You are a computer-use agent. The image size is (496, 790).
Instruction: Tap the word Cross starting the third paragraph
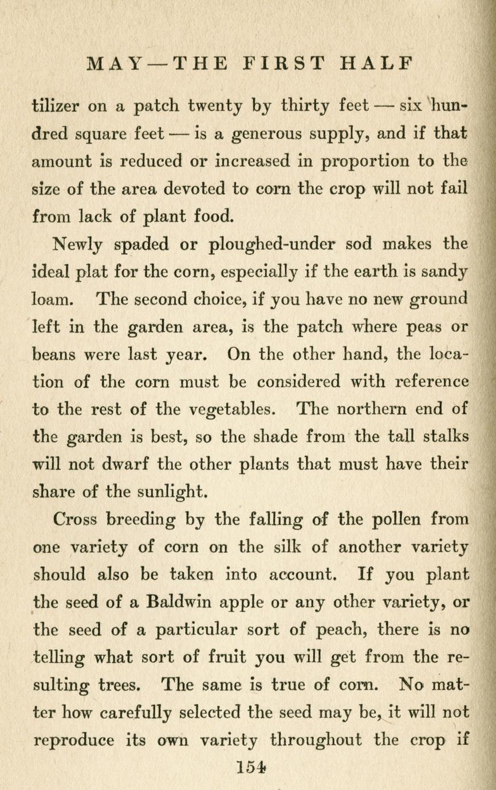click(x=76, y=520)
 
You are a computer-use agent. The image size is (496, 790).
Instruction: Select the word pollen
click(x=395, y=520)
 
